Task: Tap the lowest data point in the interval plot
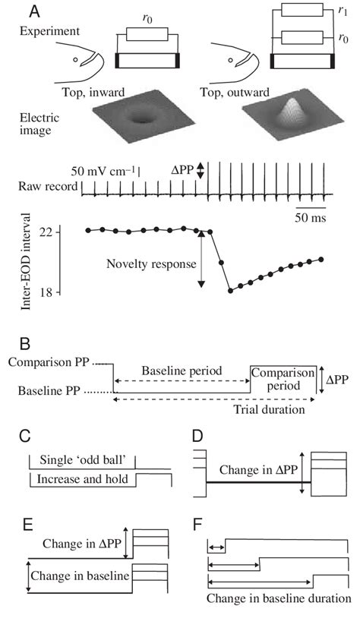click(x=230, y=291)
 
